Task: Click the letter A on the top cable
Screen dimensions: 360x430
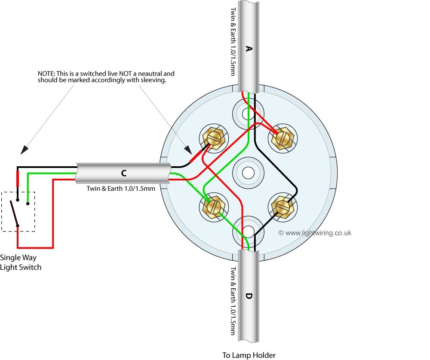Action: pyautogui.click(x=248, y=49)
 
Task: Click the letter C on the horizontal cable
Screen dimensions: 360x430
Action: pyautogui.click(x=124, y=173)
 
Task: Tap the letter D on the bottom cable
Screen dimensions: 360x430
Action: pyautogui.click(x=249, y=296)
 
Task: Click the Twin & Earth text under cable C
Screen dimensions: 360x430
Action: pyautogui.click(x=121, y=188)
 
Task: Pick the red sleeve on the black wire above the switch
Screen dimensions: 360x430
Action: pyautogui.click(x=18, y=178)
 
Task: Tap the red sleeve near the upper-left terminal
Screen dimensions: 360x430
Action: pyautogui.click(x=199, y=154)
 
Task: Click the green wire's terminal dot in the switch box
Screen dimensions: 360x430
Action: pyautogui.click(x=28, y=200)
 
